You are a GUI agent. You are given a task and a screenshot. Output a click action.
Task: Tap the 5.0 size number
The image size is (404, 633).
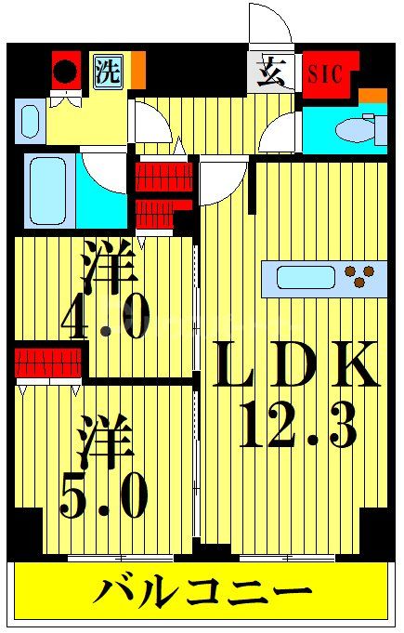[104, 497]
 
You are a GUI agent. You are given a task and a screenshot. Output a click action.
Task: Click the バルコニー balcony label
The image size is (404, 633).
[202, 589]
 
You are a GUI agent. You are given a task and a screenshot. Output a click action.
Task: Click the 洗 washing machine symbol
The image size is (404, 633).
[109, 72]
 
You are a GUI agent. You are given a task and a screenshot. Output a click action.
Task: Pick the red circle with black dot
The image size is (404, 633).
[66, 72]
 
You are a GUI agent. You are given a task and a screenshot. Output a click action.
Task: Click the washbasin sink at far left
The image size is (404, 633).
[29, 122]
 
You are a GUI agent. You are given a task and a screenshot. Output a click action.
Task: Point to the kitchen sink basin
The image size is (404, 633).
[306, 277]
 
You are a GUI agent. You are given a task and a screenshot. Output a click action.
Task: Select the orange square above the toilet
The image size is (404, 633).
[372, 96]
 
